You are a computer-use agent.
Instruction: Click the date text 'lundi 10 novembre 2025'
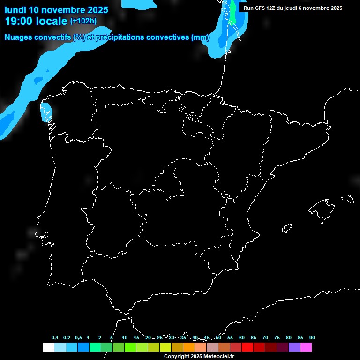point(56,10)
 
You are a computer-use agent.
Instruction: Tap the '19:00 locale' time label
point(36,21)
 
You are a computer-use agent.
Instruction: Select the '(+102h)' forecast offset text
point(83,21)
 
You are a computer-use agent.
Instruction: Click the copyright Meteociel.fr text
point(199,356)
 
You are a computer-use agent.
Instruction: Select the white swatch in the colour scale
point(48,347)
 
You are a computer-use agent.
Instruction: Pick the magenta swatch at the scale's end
point(306,347)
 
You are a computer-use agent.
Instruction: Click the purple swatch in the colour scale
point(294,347)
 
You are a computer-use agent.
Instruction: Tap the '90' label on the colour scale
point(312,337)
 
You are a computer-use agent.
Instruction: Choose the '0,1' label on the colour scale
point(55,337)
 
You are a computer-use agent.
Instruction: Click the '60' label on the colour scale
point(241,337)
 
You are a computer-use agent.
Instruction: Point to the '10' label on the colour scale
point(124,337)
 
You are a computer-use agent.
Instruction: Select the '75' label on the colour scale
point(277,337)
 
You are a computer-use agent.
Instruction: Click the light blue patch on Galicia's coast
point(46,112)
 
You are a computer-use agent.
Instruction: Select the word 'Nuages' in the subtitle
point(19,37)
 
